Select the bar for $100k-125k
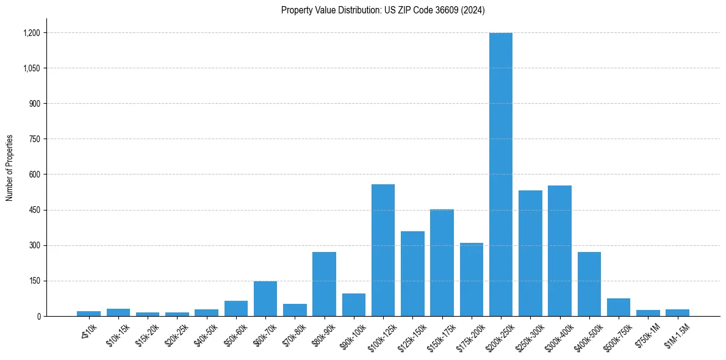(383, 250)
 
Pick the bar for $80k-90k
(324, 284)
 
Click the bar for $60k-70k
(265, 299)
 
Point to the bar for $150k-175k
(442, 263)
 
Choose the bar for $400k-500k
(589, 284)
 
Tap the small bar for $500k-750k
(619, 308)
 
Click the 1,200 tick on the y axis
(31, 33)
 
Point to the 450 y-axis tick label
(34, 210)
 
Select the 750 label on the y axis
(34, 139)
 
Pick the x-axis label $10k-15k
(118, 335)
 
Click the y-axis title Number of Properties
(9, 168)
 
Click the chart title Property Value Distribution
(383, 10)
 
